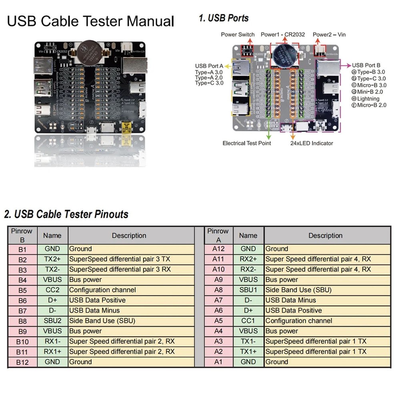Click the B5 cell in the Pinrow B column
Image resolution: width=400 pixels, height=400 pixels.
[22, 290]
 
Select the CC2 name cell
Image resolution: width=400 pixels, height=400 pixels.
[52, 290]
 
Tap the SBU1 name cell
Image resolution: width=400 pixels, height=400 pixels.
[248, 290]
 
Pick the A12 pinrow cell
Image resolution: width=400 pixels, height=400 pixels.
[218, 248]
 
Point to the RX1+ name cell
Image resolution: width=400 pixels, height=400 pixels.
[52, 352]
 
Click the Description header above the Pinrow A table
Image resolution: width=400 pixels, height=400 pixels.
[325, 236]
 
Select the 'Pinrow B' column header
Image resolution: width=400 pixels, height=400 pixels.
[22, 236]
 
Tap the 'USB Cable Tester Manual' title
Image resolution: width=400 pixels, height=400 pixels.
[90, 21]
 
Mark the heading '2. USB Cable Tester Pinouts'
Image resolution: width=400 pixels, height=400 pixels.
[66, 214]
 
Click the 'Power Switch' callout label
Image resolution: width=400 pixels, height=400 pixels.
[238, 35]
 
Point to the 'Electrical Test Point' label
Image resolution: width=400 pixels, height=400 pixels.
[246, 143]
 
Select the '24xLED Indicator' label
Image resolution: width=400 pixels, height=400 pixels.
[312, 143]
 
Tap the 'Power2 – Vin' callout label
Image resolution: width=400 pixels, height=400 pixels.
[329, 35]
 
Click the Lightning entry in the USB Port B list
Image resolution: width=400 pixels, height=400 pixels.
[368, 98]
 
